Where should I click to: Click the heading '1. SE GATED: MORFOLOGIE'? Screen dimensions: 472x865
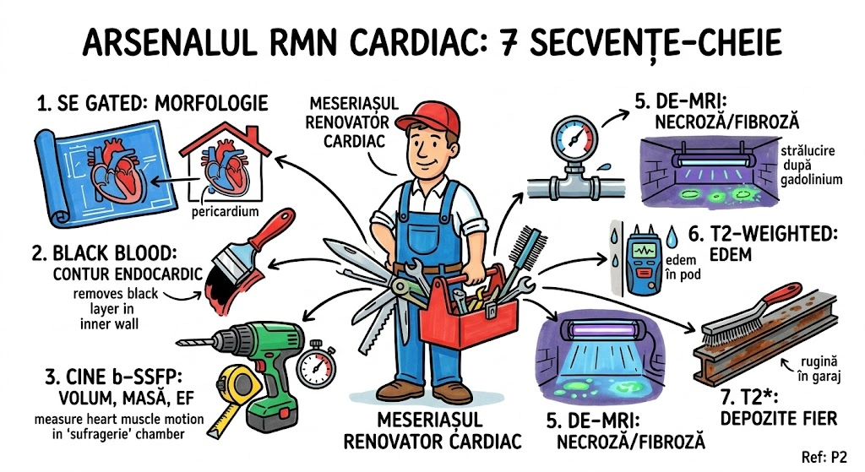click(x=152, y=104)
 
